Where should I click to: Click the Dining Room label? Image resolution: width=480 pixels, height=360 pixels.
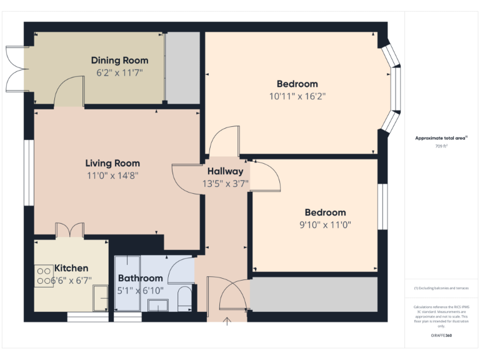point(119,61)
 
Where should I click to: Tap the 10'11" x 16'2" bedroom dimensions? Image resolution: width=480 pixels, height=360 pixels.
point(297,96)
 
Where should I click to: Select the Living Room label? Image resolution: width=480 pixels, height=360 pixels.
point(112,164)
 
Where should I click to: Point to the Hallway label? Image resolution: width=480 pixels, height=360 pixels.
point(225,171)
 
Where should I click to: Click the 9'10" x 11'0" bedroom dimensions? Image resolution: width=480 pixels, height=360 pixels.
point(325,225)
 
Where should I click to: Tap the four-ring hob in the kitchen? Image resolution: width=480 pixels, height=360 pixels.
point(44,276)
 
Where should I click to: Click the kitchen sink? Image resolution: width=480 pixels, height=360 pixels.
point(100,298)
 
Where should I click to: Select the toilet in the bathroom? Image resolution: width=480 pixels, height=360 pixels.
point(184,299)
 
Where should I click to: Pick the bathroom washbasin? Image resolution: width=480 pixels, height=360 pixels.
point(158,305)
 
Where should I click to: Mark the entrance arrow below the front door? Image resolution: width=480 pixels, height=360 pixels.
point(227,321)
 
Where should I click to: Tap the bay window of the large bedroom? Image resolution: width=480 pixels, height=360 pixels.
point(393,88)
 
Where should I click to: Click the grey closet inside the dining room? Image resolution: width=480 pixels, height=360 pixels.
point(182,67)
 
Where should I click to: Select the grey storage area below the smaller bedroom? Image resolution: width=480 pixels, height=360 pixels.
point(314,294)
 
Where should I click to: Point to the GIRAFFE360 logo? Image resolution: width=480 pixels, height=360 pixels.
point(441,336)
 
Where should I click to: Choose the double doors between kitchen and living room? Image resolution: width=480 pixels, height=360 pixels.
point(69,231)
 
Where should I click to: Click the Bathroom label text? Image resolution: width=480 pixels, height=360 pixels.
point(140,278)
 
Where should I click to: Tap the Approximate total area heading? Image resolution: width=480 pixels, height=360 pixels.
point(441,138)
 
